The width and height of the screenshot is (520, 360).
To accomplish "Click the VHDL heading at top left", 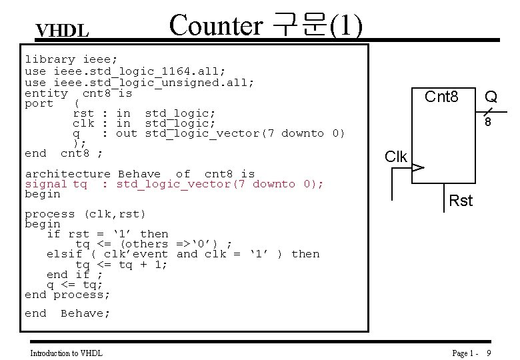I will coord(62,31).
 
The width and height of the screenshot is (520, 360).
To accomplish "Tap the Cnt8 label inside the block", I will coord(441,97).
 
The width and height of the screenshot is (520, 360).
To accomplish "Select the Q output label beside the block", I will coord(491,98).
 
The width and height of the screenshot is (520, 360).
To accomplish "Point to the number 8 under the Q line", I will coord(488,123).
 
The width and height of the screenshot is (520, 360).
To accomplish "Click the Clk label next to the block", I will coord(396,157).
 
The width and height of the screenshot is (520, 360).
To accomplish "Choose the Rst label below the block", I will coord(461,200).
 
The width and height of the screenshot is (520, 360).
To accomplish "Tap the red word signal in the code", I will coord(45,184).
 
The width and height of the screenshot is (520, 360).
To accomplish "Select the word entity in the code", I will coord(45,93).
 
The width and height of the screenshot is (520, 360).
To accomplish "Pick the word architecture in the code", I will coord(67,174).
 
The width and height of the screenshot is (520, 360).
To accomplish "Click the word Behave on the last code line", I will coord(85,313).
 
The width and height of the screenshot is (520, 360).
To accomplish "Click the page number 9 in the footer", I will coord(489,353).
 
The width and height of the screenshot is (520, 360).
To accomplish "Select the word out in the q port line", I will coord(127,133).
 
